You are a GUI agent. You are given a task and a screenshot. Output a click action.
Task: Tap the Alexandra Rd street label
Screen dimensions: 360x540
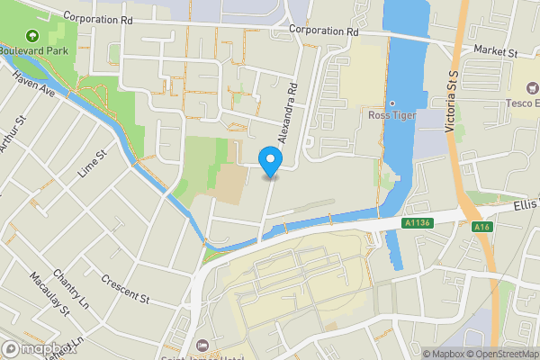click(288, 115)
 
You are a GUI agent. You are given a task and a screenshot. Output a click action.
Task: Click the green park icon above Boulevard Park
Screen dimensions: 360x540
click(33, 36)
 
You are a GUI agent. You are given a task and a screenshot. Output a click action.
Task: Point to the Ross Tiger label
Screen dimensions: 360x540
click(392, 114)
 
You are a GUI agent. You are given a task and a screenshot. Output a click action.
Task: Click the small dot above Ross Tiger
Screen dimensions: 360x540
click(392, 103)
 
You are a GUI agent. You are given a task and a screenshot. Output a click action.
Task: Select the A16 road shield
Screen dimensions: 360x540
click(481, 227)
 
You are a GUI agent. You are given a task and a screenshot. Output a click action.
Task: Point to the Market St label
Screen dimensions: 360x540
click(495, 52)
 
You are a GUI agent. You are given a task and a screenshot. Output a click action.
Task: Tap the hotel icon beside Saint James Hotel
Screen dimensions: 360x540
click(202, 346)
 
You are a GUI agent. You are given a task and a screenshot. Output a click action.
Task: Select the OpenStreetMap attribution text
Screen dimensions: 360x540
click(500, 354)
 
